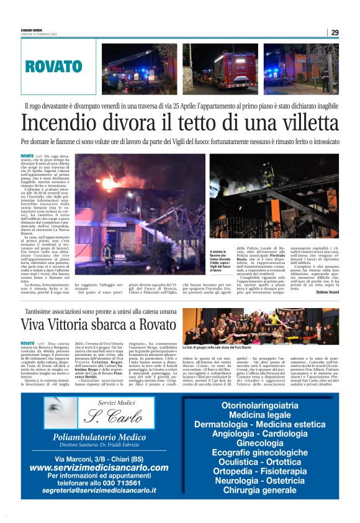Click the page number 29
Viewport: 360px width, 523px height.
(335, 32)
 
